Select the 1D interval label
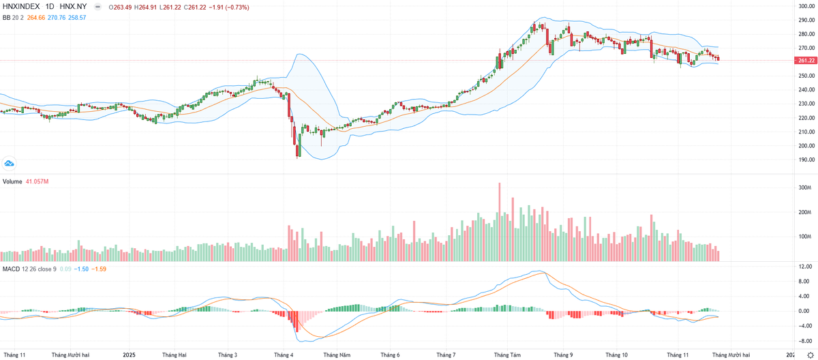(x=50, y=7)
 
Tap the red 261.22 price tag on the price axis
(x=805, y=60)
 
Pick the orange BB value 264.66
(x=35, y=17)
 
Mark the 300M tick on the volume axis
(x=804, y=187)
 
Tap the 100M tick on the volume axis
(x=804, y=237)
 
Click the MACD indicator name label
(x=12, y=269)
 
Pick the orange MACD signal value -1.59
(x=100, y=269)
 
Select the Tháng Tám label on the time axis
(x=506, y=355)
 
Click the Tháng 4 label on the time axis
(x=284, y=355)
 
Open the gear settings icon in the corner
(x=810, y=355)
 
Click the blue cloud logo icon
(x=10, y=163)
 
